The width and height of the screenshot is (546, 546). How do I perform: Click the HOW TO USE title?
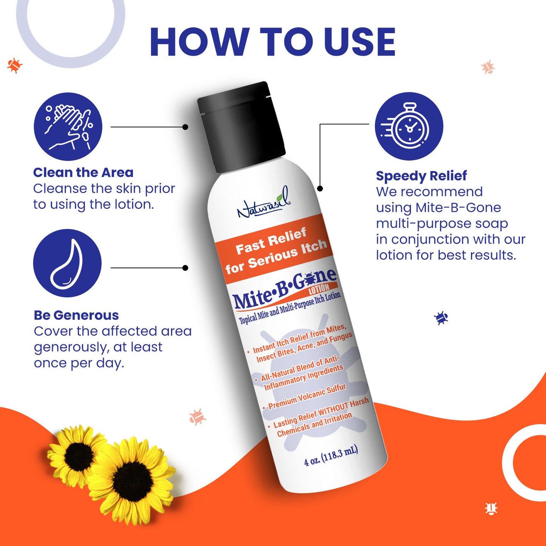coord(272,42)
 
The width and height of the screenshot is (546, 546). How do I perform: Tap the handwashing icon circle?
coord(68,127)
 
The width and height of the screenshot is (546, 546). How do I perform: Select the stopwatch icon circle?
coord(409,126)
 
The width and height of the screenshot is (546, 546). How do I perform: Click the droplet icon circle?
coord(67,263)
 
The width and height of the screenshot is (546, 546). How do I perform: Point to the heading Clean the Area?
coord(83,173)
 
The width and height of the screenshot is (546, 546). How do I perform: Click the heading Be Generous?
coord(76,315)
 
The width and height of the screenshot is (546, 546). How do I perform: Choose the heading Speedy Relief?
coord(421,176)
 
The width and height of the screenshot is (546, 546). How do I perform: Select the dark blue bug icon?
coord(441,318)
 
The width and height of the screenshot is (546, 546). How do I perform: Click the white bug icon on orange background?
coord(491,509)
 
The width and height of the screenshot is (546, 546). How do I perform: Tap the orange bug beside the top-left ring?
coord(15,65)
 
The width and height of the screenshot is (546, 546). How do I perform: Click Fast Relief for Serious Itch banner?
coord(276,249)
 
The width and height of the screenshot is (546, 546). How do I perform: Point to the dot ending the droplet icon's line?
coord(185,268)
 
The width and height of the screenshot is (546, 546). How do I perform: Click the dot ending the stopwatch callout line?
coord(320,188)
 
